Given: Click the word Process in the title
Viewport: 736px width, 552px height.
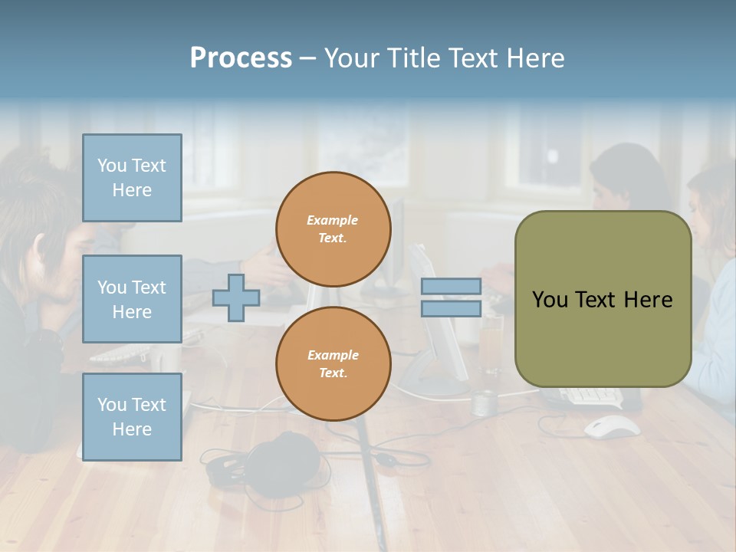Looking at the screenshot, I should tap(241, 58).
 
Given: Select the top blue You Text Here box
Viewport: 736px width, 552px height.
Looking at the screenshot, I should tap(132, 178).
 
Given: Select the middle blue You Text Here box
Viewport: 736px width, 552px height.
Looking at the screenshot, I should tap(132, 299).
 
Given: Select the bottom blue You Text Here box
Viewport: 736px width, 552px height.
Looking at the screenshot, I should tap(132, 417).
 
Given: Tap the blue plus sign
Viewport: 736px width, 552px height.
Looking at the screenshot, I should tap(236, 297).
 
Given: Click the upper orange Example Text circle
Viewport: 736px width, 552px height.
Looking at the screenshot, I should tap(333, 229).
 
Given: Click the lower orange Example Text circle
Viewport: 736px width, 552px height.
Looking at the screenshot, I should tap(333, 364).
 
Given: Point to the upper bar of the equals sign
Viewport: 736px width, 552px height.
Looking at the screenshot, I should tap(451, 287).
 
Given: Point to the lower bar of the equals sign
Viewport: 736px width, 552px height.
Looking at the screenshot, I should tap(451, 308).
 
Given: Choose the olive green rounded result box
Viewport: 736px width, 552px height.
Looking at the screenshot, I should tap(603, 299).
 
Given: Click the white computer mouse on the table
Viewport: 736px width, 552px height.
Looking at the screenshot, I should tap(612, 426).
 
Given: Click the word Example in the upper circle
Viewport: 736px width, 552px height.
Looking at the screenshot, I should tap(333, 220).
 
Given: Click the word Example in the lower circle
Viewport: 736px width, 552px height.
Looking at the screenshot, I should tap(333, 355).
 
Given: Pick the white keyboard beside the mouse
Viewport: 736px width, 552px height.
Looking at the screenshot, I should tap(591, 396).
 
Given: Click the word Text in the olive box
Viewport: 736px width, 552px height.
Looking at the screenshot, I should tap(598, 300).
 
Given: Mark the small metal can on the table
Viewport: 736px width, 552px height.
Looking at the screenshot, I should tap(485, 402).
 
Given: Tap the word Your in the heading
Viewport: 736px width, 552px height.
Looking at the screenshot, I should tap(352, 58).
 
